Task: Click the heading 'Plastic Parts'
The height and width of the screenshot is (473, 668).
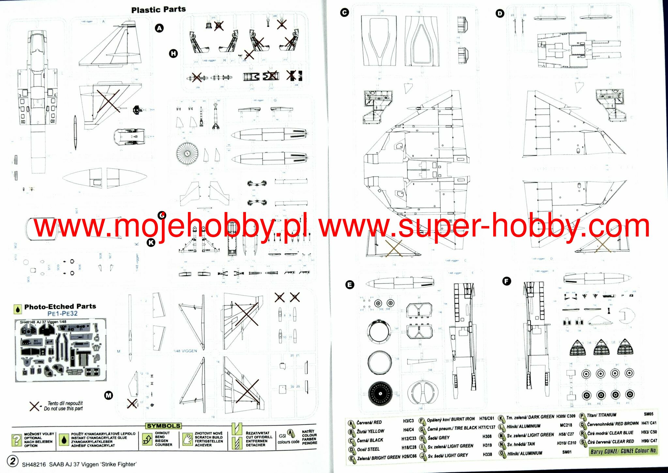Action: (159, 10)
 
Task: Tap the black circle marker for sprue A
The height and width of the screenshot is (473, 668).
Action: (159, 28)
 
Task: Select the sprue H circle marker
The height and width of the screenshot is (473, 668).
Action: (174, 53)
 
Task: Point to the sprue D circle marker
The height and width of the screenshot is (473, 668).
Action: (500, 13)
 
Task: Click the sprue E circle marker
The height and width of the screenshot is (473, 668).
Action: (350, 285)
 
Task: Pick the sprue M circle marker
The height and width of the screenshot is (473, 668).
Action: (108, 395)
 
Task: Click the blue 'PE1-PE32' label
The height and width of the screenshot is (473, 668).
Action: (63, 313)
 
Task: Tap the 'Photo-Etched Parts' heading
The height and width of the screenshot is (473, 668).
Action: (60, 306)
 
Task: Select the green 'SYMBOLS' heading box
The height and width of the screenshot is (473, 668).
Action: (163, 426)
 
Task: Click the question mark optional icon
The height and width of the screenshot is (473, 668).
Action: (16, 440)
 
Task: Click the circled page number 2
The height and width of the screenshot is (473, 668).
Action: (13, 461)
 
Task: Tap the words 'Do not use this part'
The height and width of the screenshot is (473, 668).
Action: (63, 408)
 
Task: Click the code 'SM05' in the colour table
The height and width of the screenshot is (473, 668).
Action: (648, 414)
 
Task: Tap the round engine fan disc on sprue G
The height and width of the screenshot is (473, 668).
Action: (187, 153)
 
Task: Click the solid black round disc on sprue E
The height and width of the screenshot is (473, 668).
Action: (380, 394)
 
